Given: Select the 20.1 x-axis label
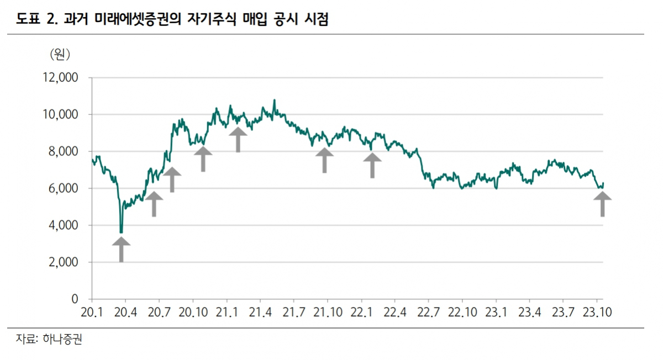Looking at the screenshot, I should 92,313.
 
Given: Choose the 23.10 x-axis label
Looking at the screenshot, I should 599,313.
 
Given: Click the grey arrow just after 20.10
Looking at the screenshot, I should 203,158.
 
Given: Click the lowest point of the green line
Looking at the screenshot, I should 121,232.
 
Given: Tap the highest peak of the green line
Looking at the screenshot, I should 274,100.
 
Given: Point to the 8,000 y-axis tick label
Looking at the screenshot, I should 61,151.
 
